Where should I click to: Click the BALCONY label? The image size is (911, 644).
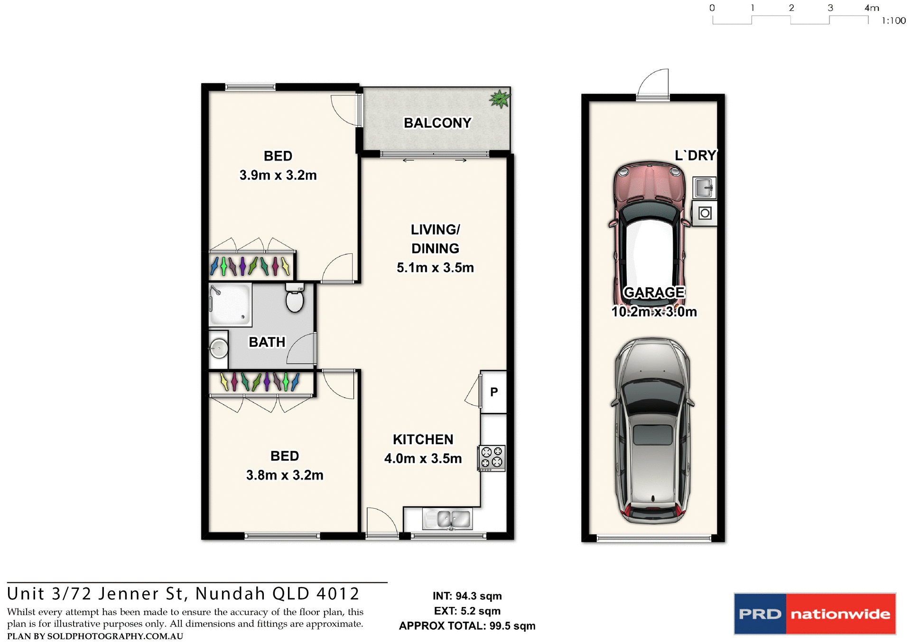[x=437, y=123]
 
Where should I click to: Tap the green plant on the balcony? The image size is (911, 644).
[x=500, y=99]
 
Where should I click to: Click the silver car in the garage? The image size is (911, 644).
[x=652, y=429]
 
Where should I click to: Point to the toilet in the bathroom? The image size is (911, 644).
[x=295, y=299]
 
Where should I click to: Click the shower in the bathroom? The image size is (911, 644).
[x=230, y=305]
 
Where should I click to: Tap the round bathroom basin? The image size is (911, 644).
[x=219, y=349]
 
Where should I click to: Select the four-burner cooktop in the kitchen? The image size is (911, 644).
[x=492, y=458]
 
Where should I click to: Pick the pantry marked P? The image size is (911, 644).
[x=494, y=392]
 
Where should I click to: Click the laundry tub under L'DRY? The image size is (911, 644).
[x=704, y=187]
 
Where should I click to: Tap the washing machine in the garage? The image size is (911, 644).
[x=705, y=214]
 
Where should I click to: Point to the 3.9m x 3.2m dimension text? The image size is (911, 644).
[x=278, y=175]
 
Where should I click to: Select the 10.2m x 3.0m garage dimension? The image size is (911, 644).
[x=654, y=312]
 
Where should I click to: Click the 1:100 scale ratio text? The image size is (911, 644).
[x=893, y=21]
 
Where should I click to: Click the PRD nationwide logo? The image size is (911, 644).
[x=815, y=614]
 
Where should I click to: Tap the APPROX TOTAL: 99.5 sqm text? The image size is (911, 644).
[x=467, y=626]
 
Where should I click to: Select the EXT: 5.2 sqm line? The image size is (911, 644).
[x=467, y=611]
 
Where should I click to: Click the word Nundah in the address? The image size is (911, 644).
[x=230, y=594]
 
